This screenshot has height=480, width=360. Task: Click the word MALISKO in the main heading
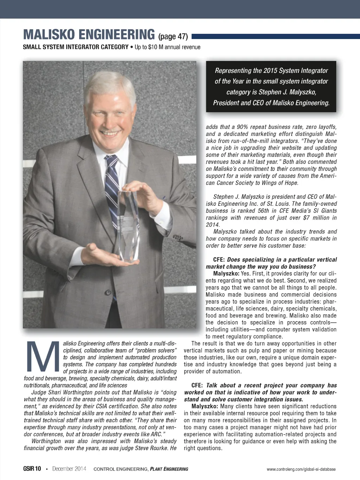point(49,35)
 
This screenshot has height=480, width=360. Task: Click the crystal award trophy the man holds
point(128,225)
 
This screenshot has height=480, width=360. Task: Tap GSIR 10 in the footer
point(32,469)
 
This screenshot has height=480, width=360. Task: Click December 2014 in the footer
point(69,469)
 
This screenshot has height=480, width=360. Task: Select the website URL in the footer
point(301,469)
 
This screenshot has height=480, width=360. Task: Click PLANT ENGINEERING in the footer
point(169,469)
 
